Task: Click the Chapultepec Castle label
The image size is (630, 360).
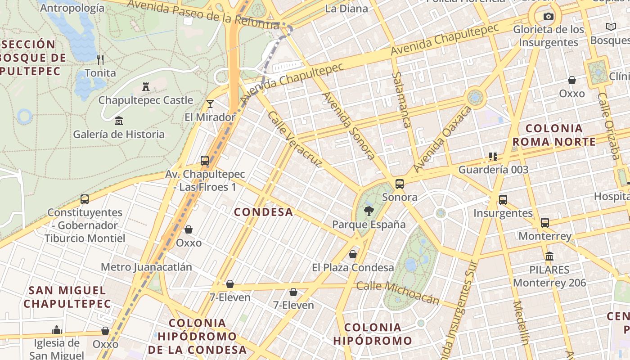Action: [145, 100]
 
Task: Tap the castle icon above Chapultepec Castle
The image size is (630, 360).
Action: [146, 86]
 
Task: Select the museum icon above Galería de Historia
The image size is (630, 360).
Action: [119, 121]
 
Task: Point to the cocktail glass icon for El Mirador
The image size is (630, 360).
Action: [210, 104]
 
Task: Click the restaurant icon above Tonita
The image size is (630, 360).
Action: [100, 59]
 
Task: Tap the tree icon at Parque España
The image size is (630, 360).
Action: [369, 211]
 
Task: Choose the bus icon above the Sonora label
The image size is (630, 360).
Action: [399, 184]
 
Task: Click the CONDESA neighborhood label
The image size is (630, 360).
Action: [264, 212]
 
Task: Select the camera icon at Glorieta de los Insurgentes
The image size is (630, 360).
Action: [548, 17]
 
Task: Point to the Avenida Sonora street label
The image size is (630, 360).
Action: [349, 126]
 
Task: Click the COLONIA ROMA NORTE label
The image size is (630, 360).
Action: [554, 135]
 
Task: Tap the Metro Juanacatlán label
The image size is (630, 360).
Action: [146, 267]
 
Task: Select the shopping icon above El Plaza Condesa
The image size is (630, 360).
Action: [353, 254]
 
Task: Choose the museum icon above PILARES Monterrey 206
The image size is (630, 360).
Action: [549, 256]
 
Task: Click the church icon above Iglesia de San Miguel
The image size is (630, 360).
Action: [57, 330]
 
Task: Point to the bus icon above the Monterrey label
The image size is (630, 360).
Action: [545, 222]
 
